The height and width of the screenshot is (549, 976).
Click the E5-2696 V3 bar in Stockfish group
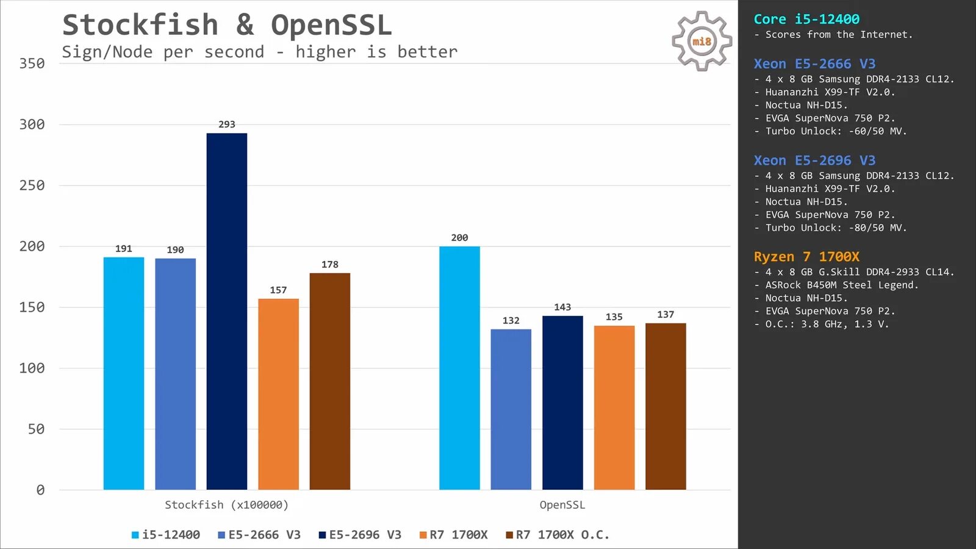pyautogui.click(x=227, y=311)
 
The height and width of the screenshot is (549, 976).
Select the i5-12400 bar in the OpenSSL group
pyautogui.click(x=459, y=368)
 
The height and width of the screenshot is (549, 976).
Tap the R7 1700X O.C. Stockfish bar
pyautogui.click(x=330, y=381)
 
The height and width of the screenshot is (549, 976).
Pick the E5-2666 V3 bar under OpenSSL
pyautogui.click(x=511, y=409)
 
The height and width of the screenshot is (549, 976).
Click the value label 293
pyautogui.click(x=227, y=124)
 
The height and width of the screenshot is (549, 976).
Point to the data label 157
pyautogui.click(x=278, y=290)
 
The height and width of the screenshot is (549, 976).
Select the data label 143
pyautogui.click(x=562, y=307)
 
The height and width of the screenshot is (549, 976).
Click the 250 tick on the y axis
pyautogui.click(x=32, y=185)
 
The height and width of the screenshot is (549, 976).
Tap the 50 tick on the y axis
pyautogui.click(x=36, y=429)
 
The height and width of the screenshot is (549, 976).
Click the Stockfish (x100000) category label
pyautogui.click(x=226, y=505)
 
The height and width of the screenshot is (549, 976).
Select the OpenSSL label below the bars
pyautogui.click(x=562, y=505)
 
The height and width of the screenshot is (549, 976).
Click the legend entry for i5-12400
pyautogui.click(x=166, y=535)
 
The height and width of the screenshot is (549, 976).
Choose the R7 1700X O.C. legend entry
pyautogui.click(x=558, y=535)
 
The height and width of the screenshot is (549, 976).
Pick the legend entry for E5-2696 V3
pyautogui.click(x=360, y=535)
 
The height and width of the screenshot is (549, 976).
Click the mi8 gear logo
pyautogui.click(x=701, y=41)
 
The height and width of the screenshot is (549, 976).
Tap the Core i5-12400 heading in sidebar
pyautogui.click(x=806, y=20)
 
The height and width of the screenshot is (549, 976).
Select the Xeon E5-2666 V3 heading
pyautogui.click(x=814, y=64)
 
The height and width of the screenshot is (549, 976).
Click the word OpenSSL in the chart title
pyautogui.click(x=331, y=26)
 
